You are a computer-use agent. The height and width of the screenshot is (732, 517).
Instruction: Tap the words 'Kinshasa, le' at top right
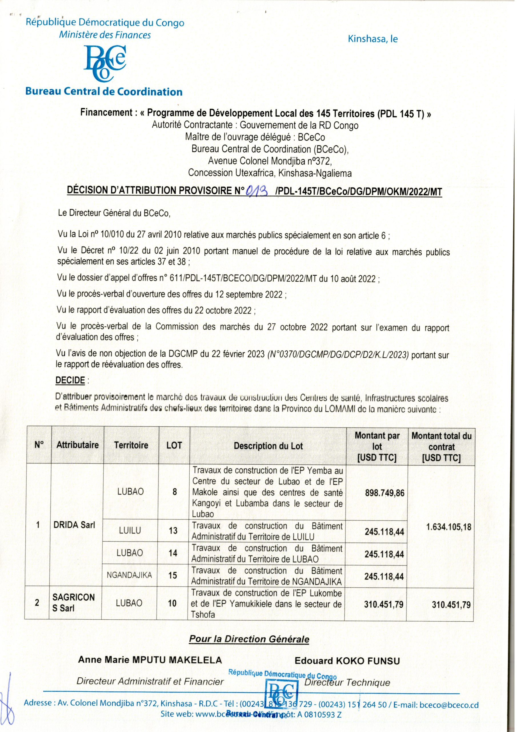372,39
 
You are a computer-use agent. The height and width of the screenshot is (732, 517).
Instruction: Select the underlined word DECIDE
70,380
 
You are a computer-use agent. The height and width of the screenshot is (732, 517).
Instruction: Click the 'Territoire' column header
131,445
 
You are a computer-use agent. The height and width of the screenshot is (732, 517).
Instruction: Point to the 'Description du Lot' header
268,446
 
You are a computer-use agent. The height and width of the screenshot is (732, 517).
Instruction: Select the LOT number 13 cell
173,530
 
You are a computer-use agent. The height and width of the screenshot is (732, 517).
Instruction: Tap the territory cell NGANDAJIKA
129,575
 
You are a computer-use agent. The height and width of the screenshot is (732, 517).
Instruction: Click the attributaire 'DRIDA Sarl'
74,525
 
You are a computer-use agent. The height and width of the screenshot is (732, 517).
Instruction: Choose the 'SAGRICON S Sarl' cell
73,602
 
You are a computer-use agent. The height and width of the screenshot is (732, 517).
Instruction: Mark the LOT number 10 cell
172,603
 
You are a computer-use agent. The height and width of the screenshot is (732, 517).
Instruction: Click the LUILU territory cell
130,530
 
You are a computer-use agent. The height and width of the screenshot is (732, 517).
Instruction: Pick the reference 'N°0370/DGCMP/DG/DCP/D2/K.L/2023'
338,355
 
